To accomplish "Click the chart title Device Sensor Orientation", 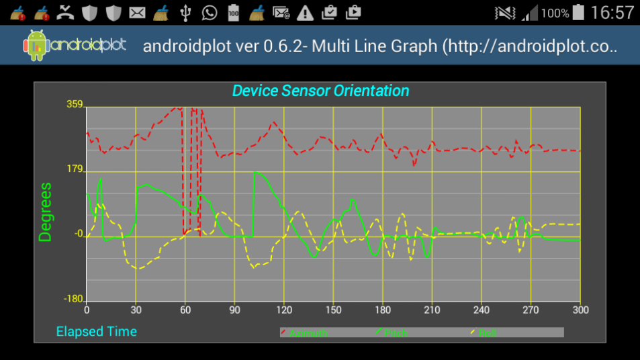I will click(320, 91).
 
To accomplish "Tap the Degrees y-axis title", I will click(46, 212).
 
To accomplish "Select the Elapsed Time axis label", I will click(96, 331).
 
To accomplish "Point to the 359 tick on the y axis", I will click(74, 105).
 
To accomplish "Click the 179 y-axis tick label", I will click(74, 169).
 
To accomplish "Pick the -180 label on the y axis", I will click(73, 299).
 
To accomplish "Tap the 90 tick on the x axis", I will click(234, 310).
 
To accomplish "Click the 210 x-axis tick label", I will click(432, 310).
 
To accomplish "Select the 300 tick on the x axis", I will click(580, 310).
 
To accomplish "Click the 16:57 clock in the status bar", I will click(612, 13).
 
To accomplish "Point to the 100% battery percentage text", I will click(555, 13).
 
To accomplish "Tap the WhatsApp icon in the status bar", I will click(210, 12).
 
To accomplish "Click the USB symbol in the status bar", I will click(186, 12).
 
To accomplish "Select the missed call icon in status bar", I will click(66, 12).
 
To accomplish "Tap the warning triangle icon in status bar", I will click(306, 12).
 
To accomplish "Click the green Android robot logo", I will click(36, 46).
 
